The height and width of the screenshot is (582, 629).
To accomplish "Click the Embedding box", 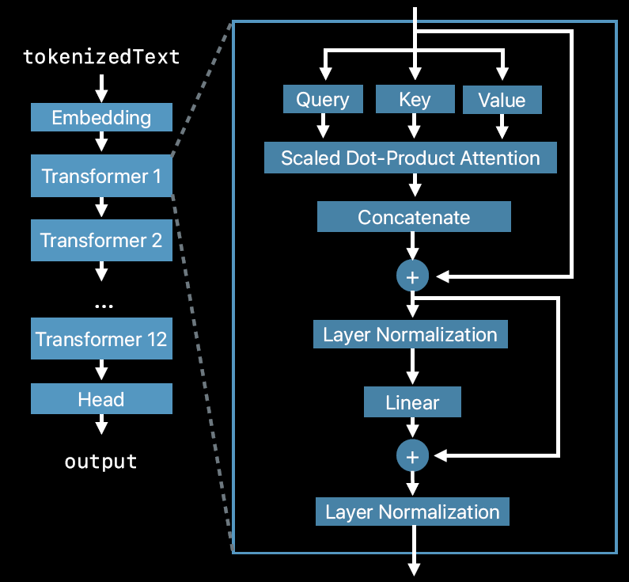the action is pyautogui.click(x=101, y=117).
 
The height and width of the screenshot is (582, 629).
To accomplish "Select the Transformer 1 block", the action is pyautogui.click(x=101, y=176).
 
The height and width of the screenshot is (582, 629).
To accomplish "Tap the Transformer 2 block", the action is pyautogui.click(x=101, y=241).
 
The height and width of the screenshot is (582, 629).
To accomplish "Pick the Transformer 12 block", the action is pyautogui.click(x=101, y=339).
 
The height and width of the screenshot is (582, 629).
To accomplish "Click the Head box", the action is pyautogui.click(x=101, y=398).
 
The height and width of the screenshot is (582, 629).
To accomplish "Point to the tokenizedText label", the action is pyautogui.click(x=101, y=56).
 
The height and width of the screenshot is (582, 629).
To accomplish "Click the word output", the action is pyautogui.click(x=101, y=462).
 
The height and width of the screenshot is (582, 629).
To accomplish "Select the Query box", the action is pyautogui.click(x=323, y=99).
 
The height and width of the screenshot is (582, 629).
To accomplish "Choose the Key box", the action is pyautogui.click(x=415, y=99).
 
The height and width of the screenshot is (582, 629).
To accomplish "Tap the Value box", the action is pyautogui.click(x=502, y=100).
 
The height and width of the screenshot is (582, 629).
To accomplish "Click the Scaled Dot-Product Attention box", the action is pyautogui.click(x=411, y=158).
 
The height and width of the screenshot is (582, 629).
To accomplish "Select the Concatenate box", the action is pyautogui.click(x=414, y=217).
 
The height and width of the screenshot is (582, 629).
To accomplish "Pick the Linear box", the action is pyautogui.click(x=412, y=402).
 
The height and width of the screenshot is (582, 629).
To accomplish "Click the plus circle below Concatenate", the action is pyautogui.click(x=412, y=276).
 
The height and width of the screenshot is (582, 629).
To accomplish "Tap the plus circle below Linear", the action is pyautogui.click(x=412, y=455).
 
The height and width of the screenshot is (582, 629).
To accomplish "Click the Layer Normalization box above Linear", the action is pyautogui.click(x=411, y=334).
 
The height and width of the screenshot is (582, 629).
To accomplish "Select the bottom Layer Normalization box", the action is pyautogui.click(x=412, y=512).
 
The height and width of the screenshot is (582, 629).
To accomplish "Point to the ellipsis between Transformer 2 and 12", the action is pyautogui.click(x=104, y=306).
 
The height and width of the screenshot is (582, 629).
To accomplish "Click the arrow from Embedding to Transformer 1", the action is pyautogui.click(x=101, y=141).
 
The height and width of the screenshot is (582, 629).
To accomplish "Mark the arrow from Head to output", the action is pyautogui.click(x=101, y=424).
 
